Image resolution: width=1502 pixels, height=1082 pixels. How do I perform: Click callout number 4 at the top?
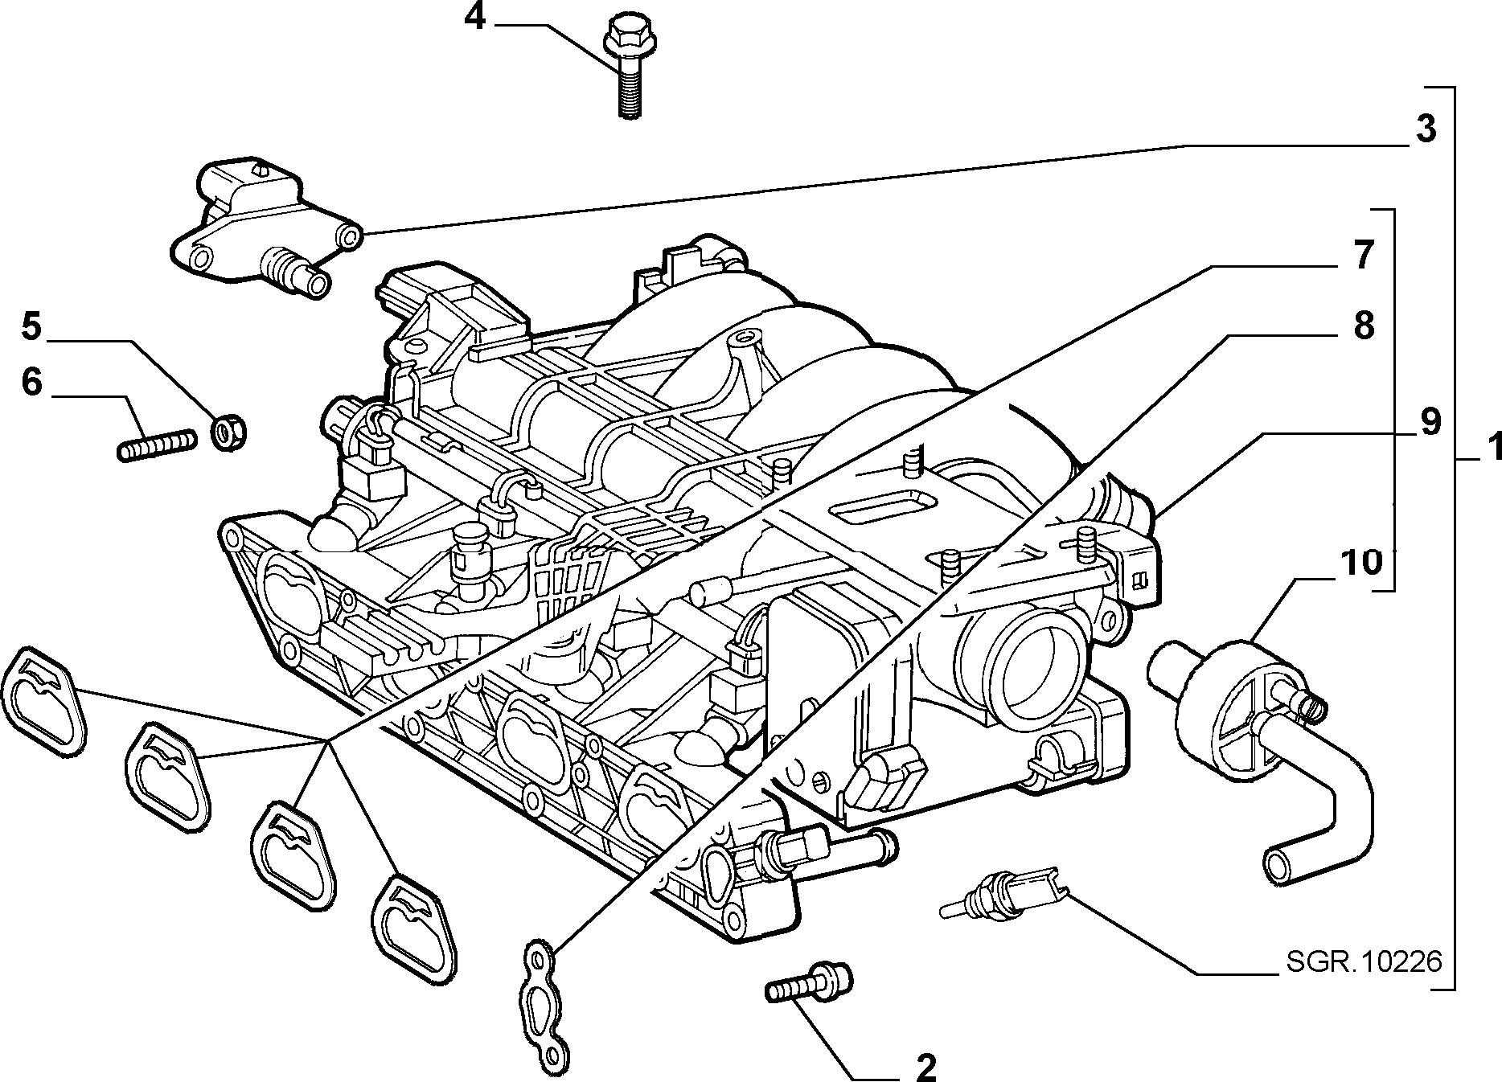(x=475, y=17)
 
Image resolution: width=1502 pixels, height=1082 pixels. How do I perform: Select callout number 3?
(x=1425, y=129)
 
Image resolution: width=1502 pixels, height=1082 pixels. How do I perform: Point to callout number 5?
(x=30, y=327)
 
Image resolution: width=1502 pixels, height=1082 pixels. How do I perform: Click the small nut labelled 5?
(x=229, y=431)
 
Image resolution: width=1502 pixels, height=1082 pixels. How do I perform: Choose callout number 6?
(x=31, y=383)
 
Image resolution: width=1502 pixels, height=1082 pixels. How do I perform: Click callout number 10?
(x=1360, y=563)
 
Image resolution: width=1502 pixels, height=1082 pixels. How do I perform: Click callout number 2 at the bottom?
(x=925, y=1068)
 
